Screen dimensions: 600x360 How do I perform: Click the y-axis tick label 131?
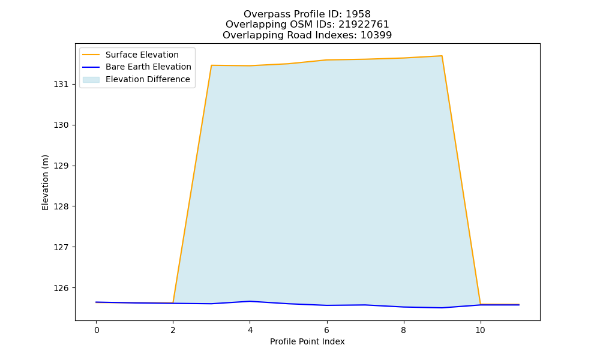(61, 85)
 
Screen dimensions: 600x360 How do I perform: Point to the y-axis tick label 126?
(61, 288)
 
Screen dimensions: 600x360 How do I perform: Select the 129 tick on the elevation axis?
(61, 166)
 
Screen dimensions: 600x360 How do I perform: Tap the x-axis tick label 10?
(480, 330)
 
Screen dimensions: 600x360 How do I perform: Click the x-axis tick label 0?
(97, 330)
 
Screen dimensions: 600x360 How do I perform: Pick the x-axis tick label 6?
(327, 330)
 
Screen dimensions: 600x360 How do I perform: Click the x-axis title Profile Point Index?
(307, 341)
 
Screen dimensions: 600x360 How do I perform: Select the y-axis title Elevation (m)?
(45, 182)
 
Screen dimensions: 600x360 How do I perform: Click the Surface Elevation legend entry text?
(142, 55)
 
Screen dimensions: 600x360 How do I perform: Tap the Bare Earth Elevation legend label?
(148, 67)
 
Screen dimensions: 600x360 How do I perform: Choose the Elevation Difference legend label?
(148, 80)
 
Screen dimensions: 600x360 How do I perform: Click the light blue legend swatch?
(91, 80)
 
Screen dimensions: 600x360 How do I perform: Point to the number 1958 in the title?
(358, 14)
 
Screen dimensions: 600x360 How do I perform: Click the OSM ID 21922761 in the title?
(364, 25)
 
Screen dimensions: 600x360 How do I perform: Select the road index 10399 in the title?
(376, 35)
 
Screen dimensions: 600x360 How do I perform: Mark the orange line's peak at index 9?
(442, 56)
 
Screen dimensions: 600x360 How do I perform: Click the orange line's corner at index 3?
(212, 65)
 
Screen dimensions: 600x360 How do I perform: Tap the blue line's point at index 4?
(250, 301)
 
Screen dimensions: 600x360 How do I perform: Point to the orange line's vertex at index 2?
(173, 302)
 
